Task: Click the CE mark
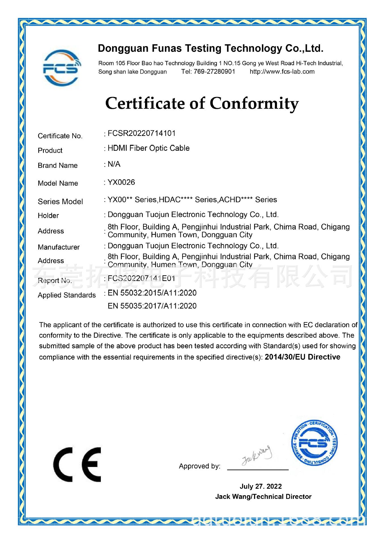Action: tap(77, 464)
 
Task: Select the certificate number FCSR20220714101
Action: tap(142, 133)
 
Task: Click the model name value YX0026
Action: tap(121, 182)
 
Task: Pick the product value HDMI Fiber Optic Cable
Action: tap(149, 148)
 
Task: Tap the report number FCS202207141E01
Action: tap(142, 279)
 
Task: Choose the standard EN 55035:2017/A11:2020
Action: tap(152, 306)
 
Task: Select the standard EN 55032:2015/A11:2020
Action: tap(152, 293)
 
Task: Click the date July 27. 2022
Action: tap(261, 486)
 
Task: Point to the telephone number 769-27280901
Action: tap(214, 72)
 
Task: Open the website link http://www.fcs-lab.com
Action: tap(282, 72)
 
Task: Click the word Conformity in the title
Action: tap(254, 104)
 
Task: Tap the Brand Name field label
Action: tap(58, 165)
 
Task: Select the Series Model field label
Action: tap(60, 202)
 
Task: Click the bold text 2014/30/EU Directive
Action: tap(302, 357)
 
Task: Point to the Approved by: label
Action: tap(199, 466)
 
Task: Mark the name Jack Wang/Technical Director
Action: tap(263, 497)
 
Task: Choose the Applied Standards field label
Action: tap(67, 295)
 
